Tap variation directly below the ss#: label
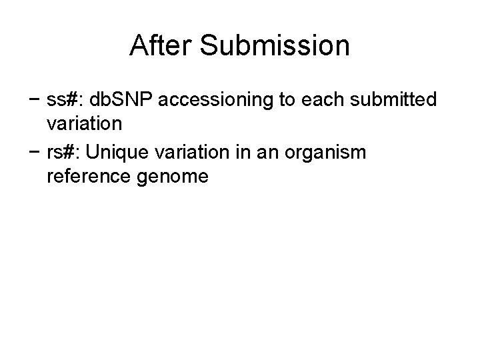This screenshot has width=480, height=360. click(x=84, y=125)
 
